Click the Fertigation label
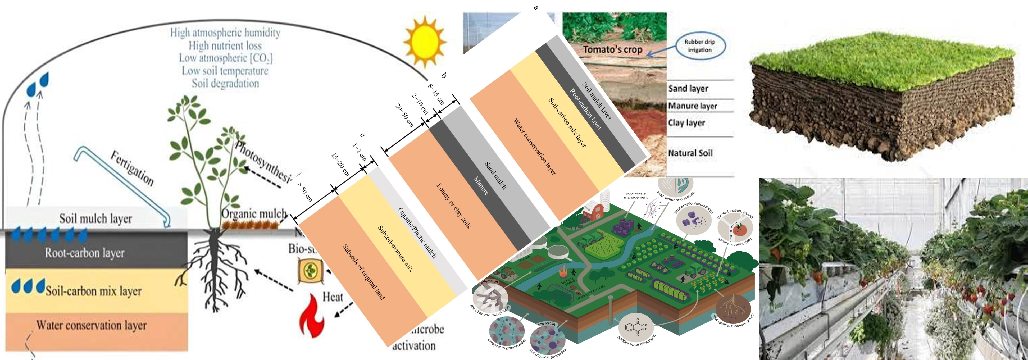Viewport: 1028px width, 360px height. click(132, 168)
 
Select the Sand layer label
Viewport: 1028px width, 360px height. click(688, 89)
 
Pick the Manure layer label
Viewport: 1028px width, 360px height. click(692, 106)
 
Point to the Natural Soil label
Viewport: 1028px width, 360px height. click(690, 153)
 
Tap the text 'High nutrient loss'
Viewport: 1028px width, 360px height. click(225, 45)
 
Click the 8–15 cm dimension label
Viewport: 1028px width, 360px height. click(436, 94)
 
